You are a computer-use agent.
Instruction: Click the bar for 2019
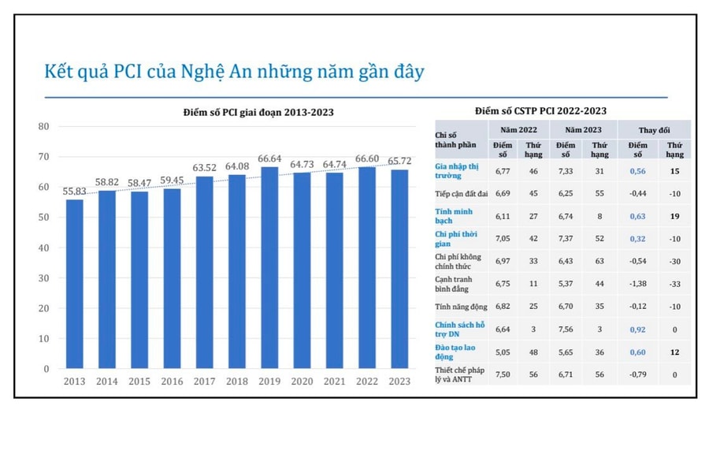pyautogui.click(x=269, y=268)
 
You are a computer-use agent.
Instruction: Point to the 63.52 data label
pyautogui.click(x=205, y=168)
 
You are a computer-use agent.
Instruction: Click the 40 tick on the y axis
pyautogui.click(x=43, y=248)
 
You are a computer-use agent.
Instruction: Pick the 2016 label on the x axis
pyautogui.click(x=172, y=382)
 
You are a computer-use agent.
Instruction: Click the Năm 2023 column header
pyautogui.click(x=582, y=128)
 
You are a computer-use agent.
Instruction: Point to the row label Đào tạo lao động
pyautogui.click(x=455, y=352)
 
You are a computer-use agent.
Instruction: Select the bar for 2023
pyautogui.click(x=399, y=269)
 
